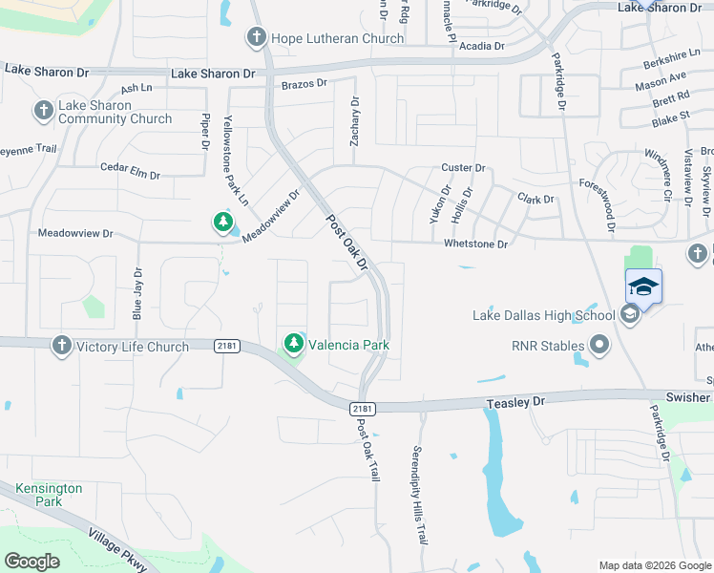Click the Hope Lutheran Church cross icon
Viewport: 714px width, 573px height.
point(256,38)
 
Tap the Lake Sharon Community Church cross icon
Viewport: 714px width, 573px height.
point(43,112)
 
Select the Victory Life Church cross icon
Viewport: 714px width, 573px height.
point(62,346)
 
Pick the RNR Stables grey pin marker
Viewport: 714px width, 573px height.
point(598,344)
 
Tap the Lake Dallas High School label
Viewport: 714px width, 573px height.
point(544,316)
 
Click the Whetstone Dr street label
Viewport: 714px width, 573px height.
point(475,244)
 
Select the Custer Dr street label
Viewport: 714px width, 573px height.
point(463,168)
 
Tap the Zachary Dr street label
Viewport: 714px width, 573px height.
point(355,120)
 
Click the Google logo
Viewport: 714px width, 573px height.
point(31,562)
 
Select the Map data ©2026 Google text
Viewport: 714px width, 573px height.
point(655,565)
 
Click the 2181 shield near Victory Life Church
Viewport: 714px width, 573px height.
point(227,347)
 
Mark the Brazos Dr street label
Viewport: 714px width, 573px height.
point(304,84)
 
